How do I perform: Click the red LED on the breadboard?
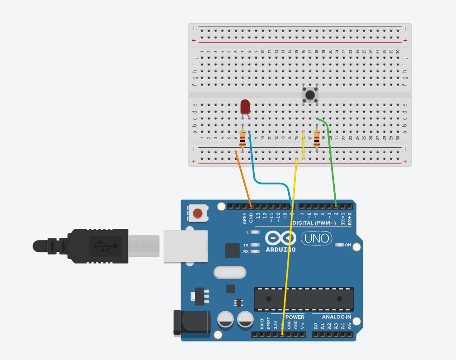pyautogui.click(x=245, y=107)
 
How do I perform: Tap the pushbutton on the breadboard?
pyautogui.click(x=309, y=95)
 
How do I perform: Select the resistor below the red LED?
pyautogui.click(x=243, y=139)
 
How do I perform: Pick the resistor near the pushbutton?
pyautogui.click(x=317, y=138)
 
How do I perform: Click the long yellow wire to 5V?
pyautogui.click(x=290, y=249)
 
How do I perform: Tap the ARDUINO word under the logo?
pyautogui.click(x=280, y=249)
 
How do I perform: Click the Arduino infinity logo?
pyautogui.click(x=280, y=238)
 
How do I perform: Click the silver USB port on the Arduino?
pyautogui.click(x=185, y=246)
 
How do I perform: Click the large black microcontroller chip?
pyautogui.click(x=304, y=299)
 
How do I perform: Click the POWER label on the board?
pyautogui.click(x=295, y=317)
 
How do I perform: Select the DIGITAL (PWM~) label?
pyautogui.click(x=314, y=223)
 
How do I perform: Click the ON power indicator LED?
pyautogui.click(x=340, y=245)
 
